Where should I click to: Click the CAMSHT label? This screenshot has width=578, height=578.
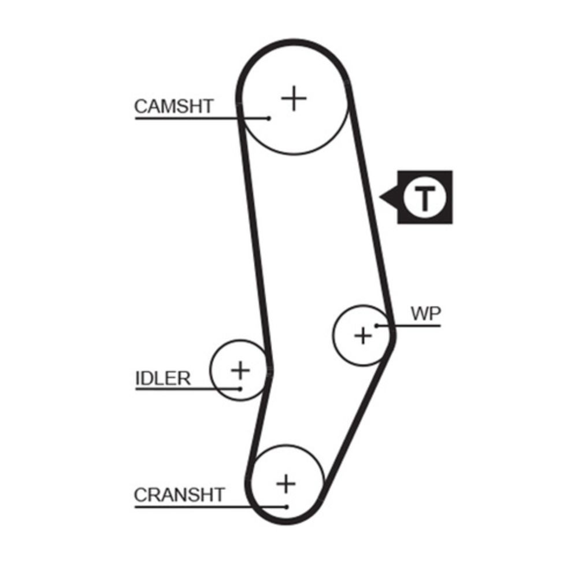174,106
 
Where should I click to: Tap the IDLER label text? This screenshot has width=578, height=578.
163,378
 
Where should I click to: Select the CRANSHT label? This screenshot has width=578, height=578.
179,495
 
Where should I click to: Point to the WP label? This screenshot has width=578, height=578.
426,314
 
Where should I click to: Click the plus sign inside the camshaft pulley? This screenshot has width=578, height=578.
294,98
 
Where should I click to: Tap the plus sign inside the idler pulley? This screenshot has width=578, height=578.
240,370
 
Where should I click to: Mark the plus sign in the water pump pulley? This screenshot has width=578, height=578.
363,336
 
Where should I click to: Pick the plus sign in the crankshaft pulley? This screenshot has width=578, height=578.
286,484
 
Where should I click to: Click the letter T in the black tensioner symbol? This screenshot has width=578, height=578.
425,198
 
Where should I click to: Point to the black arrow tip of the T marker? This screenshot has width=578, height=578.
380,197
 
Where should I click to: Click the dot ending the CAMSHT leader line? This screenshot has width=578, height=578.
269,118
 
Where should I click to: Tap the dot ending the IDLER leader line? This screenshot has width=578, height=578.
240,389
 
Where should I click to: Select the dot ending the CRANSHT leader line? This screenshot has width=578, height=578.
287,507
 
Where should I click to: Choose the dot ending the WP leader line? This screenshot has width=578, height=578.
377,325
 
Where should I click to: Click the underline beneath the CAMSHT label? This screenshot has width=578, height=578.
202,118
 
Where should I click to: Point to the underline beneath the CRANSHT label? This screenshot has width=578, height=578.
210,507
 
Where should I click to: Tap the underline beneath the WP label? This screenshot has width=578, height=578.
409,325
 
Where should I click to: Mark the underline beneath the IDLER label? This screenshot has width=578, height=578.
188,389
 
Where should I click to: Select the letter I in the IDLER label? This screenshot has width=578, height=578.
138,378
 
